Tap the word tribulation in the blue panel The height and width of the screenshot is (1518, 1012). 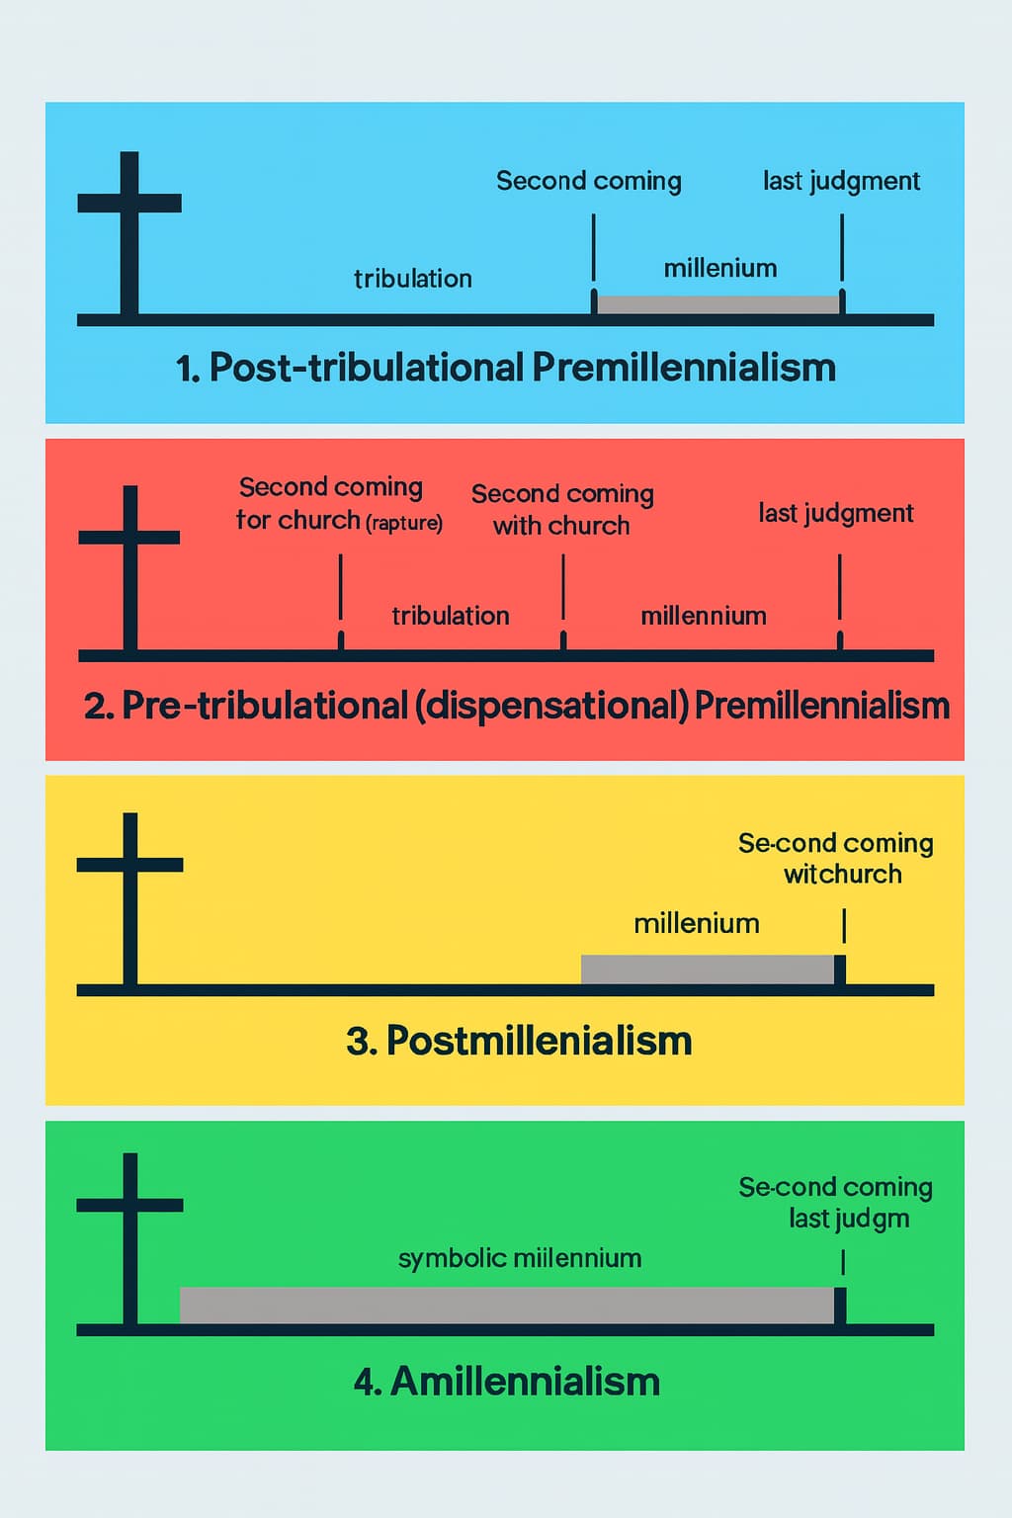pyautogui.click(x=413, y=279)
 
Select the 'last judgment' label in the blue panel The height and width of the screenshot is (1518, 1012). pyautogui.click(x=841, y=181)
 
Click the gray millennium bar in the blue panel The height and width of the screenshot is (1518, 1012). pyautogui.click(x=718, y=304)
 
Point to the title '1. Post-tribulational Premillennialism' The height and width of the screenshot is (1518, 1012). pyautogui.click(x=506, y=368)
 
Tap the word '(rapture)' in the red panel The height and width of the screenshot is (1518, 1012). pyautogui.click(x=404, y=522)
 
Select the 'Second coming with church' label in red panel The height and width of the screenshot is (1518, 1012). pyautogui.click(x=562, y=509)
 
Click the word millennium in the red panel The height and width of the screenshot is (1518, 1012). pyautogui.click(x=704, y=616)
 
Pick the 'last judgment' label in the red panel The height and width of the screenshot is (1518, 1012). pyautogui.click(x=836, y=513)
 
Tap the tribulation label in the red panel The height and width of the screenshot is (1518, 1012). pyautogui.click(x=451, y=616)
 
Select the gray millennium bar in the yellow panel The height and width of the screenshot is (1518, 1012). pyautogui.click(x=708, y=970)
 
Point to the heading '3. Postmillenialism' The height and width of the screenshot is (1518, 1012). pyautogui.click(x=519, y=1041)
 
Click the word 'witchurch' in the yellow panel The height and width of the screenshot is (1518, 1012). pyautogui.click(x=843, y=874)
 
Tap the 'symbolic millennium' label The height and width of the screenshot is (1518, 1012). pyautogui.click(x=520, y=1258)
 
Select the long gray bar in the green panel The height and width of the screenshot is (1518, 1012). pyautogui.click(x=506, y=1305)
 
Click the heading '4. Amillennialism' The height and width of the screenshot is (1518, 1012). pyautogui.click(x=507, y=1381)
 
